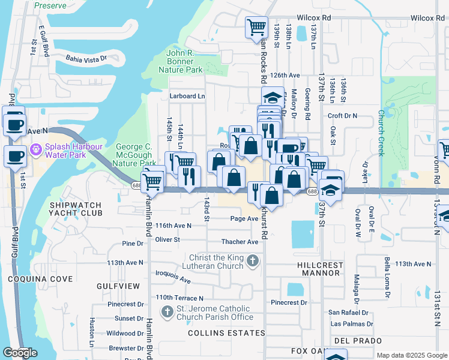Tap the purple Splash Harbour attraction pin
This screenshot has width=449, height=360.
tap(35, 148)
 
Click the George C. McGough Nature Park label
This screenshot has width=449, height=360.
tap(136, 155)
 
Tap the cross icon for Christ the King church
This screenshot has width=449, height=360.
tap(253, 261)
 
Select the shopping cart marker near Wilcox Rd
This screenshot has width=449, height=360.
tap(256, 27)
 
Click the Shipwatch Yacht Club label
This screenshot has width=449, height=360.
tap(76, 209)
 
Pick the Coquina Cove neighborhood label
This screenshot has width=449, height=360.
tap(40, 279)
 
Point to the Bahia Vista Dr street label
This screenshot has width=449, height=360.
tap(86, 59)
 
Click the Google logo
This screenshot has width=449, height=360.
tap(20, 353)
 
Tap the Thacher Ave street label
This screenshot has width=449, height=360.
tap(241, 242)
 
